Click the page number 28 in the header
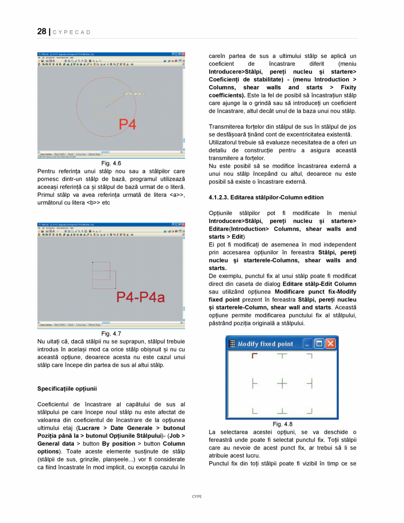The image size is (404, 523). (42, 31)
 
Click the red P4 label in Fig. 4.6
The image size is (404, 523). (127, 125)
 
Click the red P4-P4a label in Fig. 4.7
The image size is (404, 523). (140, 298)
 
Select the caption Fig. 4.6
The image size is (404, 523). (111, 163)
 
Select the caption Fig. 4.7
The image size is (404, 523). (111, 333)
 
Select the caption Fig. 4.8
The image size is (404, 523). (282, 424)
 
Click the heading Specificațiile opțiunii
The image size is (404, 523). (67, 389)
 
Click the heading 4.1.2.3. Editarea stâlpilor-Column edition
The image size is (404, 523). (266, 197)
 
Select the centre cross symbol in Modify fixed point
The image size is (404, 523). (282, 383)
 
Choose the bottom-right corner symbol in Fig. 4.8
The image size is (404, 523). (309, 411)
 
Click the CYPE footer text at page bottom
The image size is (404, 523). (197, 496)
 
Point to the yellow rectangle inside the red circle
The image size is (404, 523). (106, 107)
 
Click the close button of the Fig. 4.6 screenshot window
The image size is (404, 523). (183, 54)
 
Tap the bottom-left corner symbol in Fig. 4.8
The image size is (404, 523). (254, 411)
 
